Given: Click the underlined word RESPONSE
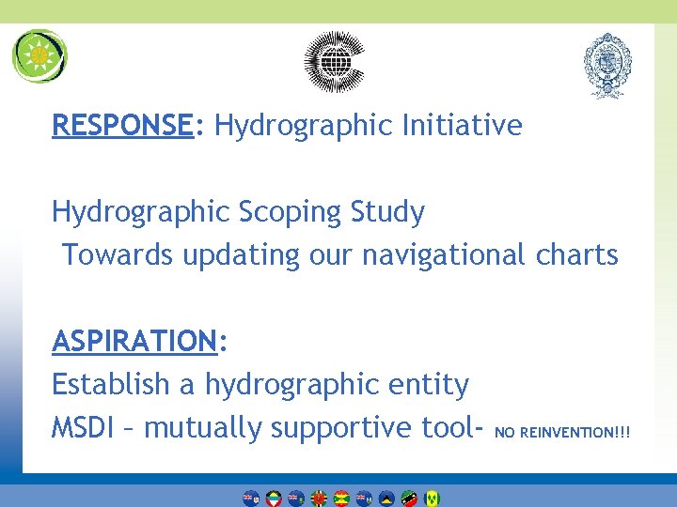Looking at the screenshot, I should pos(122,125).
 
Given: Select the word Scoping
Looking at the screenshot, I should pos(292,212).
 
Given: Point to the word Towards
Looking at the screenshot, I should pos(118,254).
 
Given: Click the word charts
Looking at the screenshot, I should pos(577,254).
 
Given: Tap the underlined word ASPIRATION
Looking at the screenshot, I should pos(134,341).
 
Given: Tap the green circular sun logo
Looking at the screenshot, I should pos(39,56).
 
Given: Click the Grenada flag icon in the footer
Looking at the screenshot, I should pos(341,498).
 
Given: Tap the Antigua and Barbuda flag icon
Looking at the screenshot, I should pos(274,498).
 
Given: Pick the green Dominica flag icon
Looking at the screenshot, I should pos(319,498).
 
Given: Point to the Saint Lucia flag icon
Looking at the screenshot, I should pos(386,498).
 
